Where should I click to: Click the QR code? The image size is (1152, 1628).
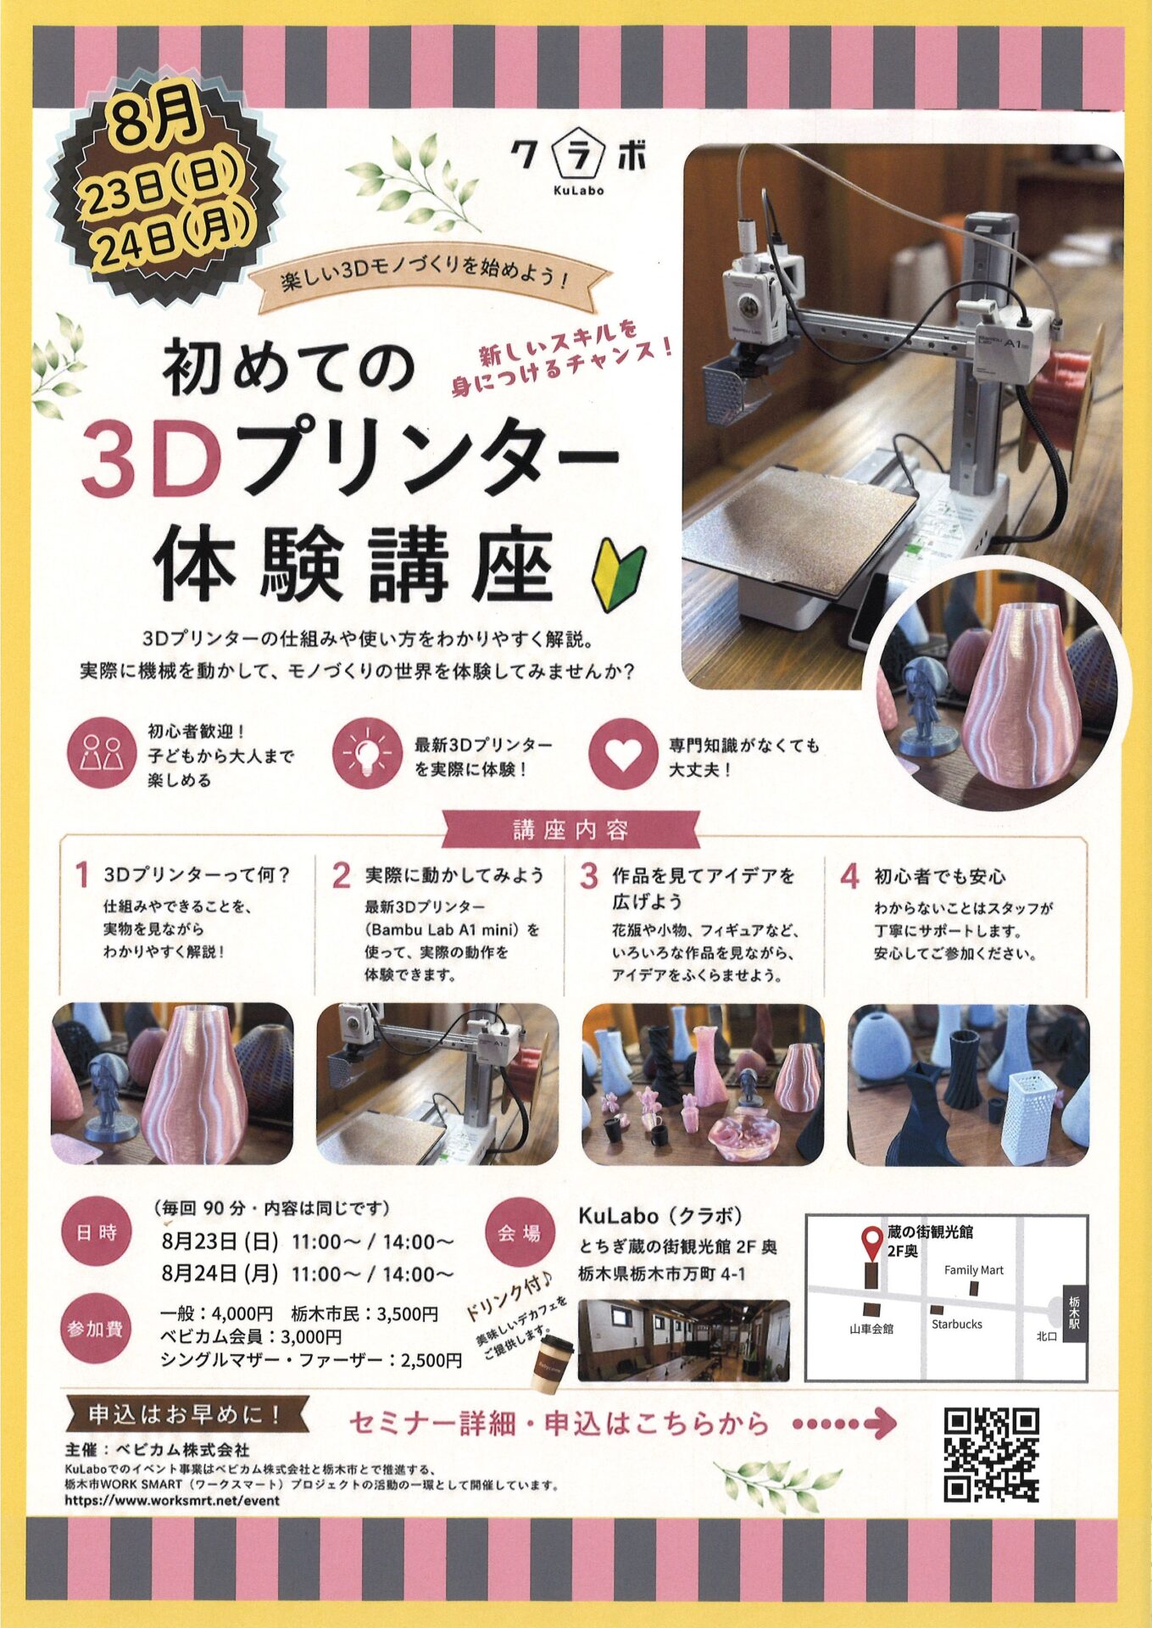991,1455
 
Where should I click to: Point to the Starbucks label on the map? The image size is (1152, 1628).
957,1324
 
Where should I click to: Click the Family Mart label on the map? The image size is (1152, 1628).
974,1270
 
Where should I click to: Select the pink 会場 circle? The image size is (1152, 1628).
520,1233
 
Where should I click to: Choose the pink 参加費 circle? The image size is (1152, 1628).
96,1329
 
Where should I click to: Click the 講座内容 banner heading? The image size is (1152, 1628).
570,830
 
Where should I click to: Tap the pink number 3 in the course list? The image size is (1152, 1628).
589,876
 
